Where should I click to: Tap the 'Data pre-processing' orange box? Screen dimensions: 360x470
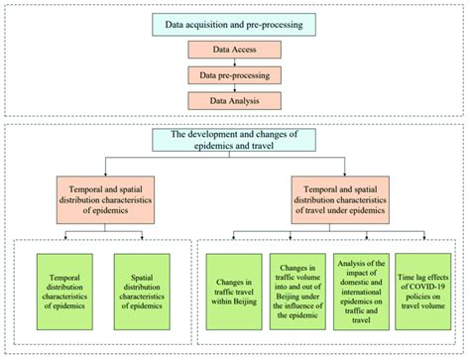click(235, 73)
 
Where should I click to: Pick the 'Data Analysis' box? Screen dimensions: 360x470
click(235, 99)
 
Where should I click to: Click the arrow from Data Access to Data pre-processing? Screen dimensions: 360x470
click(235, 60)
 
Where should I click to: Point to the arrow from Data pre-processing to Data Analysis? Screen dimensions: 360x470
click(235, 86)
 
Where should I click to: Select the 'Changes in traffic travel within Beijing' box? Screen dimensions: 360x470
click(234, 290)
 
